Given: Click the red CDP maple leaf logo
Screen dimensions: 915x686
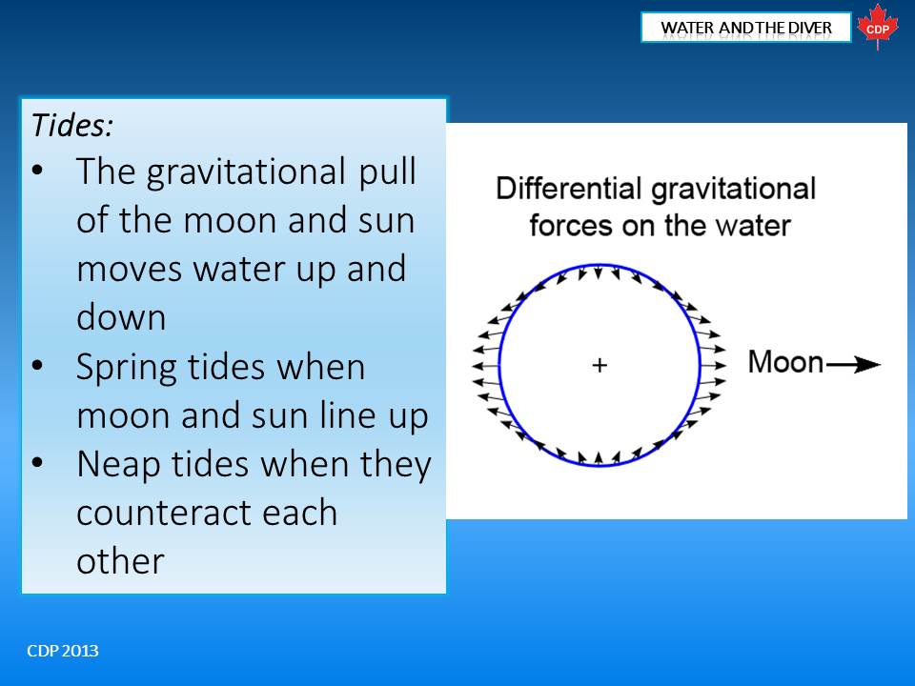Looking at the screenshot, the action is click(878, 28).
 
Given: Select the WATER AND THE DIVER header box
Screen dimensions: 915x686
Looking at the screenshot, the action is click(745, 28).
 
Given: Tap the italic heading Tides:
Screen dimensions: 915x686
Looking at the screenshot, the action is click(72, 125).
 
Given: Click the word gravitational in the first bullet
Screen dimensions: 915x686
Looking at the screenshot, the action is click(246, 172).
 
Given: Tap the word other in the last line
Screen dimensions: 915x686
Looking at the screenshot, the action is click(120, 561).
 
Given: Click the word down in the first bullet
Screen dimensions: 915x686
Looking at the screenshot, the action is click(121, 318).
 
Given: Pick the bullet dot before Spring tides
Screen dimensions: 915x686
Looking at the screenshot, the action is click(38, 366).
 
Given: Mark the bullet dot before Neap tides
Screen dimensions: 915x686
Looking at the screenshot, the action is click(38, 463).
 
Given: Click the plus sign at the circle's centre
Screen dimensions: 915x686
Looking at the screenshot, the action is click(600, 365).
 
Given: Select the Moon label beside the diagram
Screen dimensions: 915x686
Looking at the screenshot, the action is click(785, 362).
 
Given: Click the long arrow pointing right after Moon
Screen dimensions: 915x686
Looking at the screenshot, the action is click(853, 365).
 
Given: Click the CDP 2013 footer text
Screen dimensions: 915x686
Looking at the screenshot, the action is click(63, 651).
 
